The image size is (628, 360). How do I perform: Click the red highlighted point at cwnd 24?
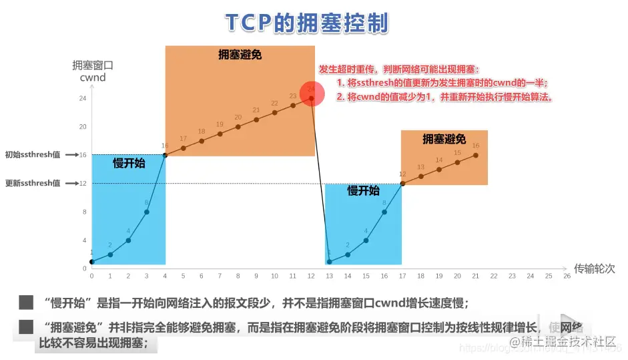pos(311,98)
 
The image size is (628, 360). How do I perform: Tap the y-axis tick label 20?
pos(83,126)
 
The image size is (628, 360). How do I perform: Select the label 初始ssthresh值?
pos(33,154)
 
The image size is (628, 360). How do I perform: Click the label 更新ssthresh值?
pos(33,183)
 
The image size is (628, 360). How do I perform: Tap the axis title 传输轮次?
pos(595,268)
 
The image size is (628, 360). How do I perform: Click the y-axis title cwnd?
pos(92,78)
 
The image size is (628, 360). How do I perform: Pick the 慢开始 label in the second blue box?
pos(363,190)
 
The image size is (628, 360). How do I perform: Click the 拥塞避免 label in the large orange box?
pos(240,55)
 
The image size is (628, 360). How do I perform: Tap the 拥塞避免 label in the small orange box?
pos(444,139)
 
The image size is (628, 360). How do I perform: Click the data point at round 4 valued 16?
pos(165,155)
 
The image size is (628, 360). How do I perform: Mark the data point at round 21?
pos(476,155)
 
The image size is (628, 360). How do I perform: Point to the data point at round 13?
pos(329,261)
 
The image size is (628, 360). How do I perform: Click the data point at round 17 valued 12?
pos(402,183)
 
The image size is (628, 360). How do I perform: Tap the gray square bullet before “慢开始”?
pos(26,303)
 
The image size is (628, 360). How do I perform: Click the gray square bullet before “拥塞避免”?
pos(26,327)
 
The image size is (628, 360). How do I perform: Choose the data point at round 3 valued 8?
pos(147,212)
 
